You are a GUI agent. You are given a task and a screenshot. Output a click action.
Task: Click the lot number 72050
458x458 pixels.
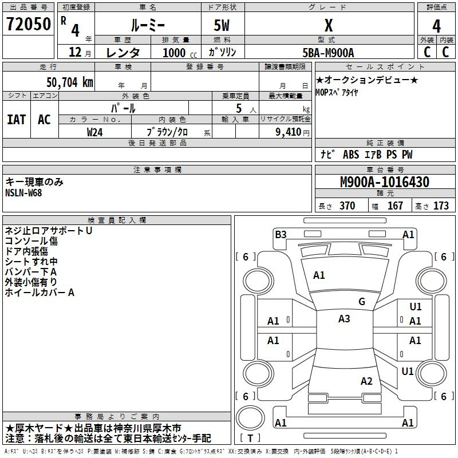(29, 24)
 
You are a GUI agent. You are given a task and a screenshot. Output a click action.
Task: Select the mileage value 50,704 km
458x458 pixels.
(70, 82)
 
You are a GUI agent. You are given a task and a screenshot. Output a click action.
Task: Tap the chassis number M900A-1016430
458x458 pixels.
(385, 182)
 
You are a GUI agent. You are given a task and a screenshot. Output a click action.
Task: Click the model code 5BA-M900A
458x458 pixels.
(328, 53)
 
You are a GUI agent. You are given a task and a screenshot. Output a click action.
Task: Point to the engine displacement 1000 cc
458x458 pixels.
(180, 53)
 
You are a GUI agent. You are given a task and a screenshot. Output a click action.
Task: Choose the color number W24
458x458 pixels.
(94, 132)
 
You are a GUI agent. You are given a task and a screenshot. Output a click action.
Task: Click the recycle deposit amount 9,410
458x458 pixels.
(289, 132)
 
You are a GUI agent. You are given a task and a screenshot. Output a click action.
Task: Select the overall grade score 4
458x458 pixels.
(436, 26)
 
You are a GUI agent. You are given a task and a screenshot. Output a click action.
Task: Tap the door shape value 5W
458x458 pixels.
(222, 25)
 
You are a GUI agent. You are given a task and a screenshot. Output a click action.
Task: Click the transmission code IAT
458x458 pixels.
(17, 120)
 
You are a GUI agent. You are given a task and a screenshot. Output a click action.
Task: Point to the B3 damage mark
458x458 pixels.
(281, 235)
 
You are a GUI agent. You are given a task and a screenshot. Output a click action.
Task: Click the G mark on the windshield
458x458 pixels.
(362, 302)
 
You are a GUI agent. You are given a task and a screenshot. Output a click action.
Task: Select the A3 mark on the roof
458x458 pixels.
(344, 319)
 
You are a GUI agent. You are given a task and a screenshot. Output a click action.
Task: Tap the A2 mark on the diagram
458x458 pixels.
(366, 381)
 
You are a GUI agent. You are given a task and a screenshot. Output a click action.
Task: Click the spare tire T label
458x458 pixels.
(250, 438)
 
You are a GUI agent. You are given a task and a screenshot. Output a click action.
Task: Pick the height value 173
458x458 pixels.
(441, 206)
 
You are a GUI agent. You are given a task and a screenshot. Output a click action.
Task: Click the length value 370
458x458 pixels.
(348, 206)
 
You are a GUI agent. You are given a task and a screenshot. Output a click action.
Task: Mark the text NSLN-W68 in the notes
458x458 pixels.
(23, 193)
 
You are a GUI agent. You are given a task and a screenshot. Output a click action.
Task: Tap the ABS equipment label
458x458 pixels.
(351, 155)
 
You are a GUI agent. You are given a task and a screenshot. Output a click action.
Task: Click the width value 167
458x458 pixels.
(395, 206)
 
